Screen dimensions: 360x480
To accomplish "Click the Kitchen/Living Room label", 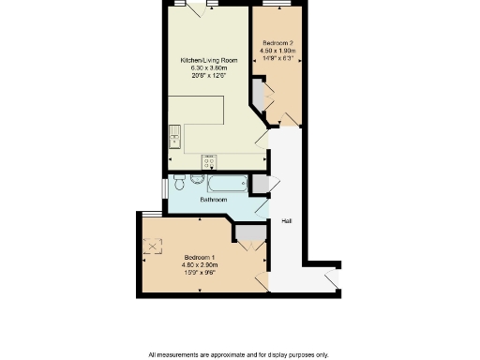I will point(208,60).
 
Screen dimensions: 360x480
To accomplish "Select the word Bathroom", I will point(214,200).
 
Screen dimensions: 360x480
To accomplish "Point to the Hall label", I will point(286,221).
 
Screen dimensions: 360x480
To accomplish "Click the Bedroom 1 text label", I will point(200,257).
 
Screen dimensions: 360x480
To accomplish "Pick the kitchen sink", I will point(174,137).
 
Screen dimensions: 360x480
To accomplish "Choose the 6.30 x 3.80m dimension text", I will point(208,68).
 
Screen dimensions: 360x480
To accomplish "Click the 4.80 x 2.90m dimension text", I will point(200,265).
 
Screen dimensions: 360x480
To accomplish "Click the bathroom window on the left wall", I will point(163,187).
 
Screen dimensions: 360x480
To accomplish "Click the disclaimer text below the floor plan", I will point(239,354).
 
